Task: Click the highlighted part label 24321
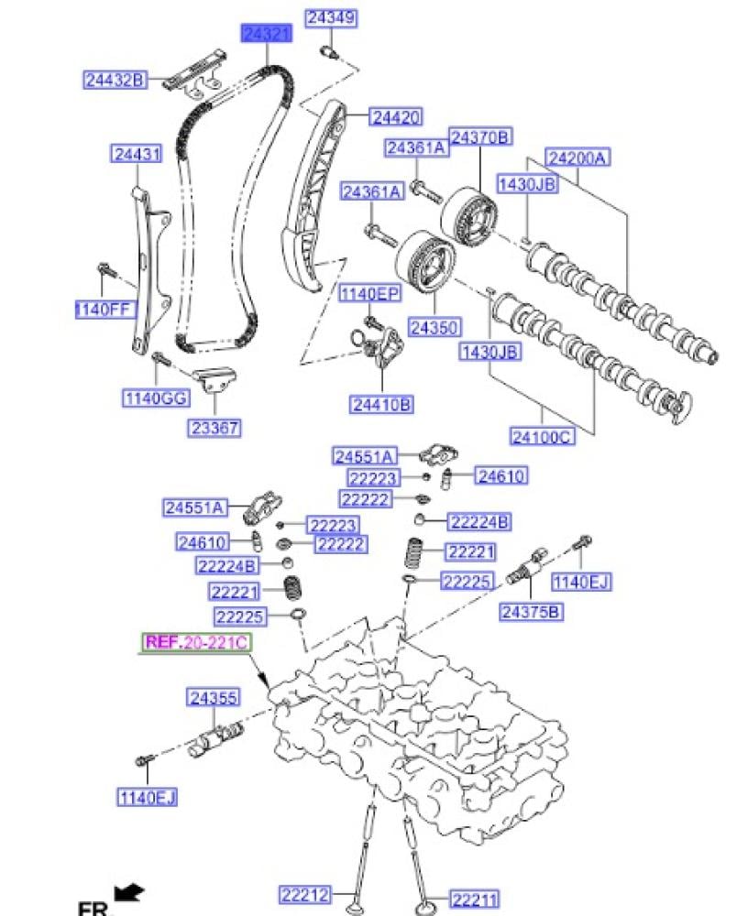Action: tap(267, 34)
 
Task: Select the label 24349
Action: tap(331, 17)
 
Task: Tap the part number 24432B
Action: tap(115, 81)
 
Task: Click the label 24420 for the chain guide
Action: tap(396, 117)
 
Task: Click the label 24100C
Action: tap(542, 436)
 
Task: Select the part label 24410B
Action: tap(380, 403)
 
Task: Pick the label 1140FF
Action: tap(105, 310)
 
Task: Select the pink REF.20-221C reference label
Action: tap(195, 643)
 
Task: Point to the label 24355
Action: tap(214, 698)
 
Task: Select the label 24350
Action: tap(434, 327)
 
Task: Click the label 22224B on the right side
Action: tap(479, 522)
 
